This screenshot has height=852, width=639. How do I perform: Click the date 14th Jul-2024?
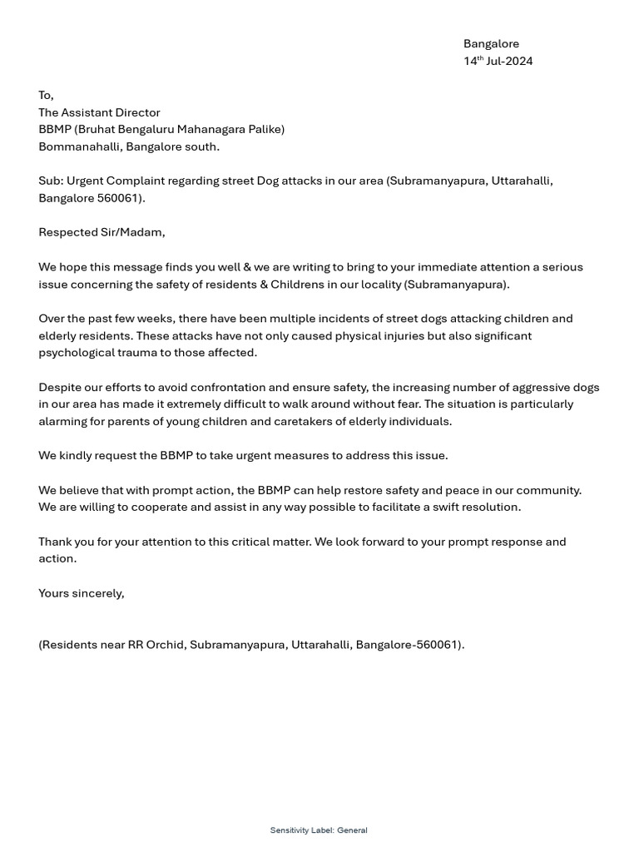point(498,61)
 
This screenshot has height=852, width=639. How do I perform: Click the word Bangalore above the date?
point(491,43)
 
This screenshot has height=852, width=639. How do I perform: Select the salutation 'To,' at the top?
point(46,95)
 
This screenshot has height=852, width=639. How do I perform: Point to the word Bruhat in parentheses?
point(98,129)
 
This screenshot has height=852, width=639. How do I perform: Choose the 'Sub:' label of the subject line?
point(51,181)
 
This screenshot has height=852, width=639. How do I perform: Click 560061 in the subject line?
point(123,198)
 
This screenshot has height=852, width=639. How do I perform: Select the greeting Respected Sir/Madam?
point(102,232)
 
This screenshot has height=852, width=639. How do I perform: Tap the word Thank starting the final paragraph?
point(56,542)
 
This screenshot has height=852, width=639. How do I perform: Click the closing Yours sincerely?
point(81,593)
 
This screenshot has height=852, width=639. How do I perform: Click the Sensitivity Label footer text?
point(319,830)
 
